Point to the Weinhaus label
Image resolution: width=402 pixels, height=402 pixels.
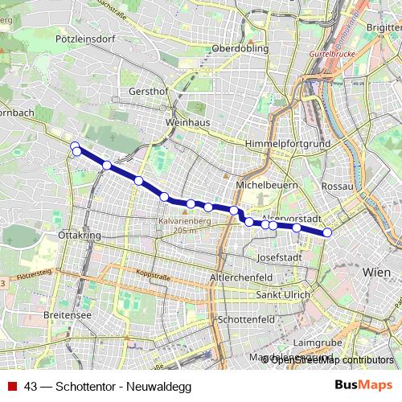coord(187,122)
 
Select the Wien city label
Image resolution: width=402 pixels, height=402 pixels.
coord(376,273)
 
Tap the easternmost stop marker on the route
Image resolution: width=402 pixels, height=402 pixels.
coord(327,233)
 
